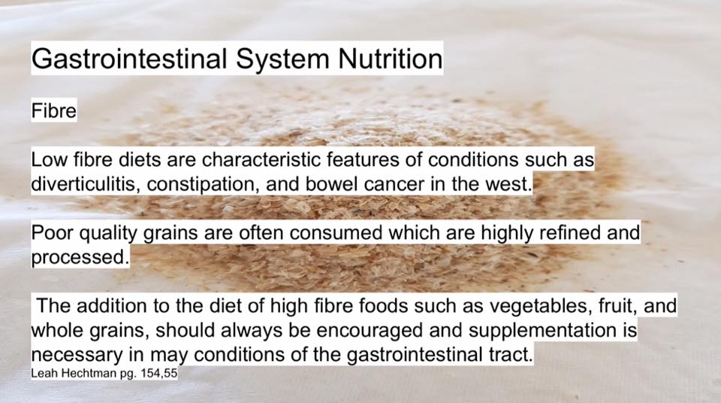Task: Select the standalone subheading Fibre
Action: coord(54,111)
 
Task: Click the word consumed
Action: coord(336,233)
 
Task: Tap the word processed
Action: coord(80,258)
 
